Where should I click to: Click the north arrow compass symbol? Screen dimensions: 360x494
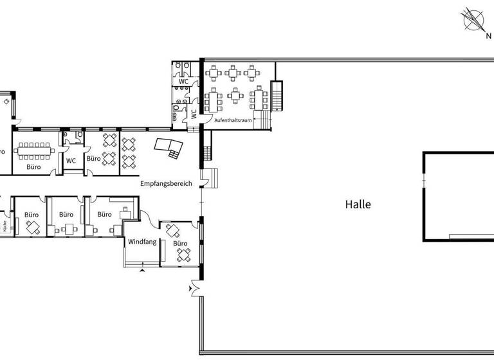click(x=475, y=21)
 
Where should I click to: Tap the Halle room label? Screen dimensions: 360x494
click(x=358, y=205)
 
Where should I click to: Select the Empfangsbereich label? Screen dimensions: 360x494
click(x=166, y=183)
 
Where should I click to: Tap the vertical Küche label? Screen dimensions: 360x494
click(x=5, y=226)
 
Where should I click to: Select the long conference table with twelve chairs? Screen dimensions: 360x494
click(x=34, y=150)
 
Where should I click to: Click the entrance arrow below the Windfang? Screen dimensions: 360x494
click(x=142, y=271)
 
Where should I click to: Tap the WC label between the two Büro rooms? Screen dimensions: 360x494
click(x=71, y=161)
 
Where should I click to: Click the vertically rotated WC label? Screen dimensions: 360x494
click(x=193, y=114)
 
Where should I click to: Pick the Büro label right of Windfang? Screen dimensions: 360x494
click(x=180, y=243)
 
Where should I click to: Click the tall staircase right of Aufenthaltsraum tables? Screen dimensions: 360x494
click(x=277, y=96)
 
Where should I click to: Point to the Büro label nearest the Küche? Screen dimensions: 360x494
click(x=32, y=215)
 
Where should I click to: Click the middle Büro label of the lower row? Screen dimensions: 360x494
click(x=66, y=215)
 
